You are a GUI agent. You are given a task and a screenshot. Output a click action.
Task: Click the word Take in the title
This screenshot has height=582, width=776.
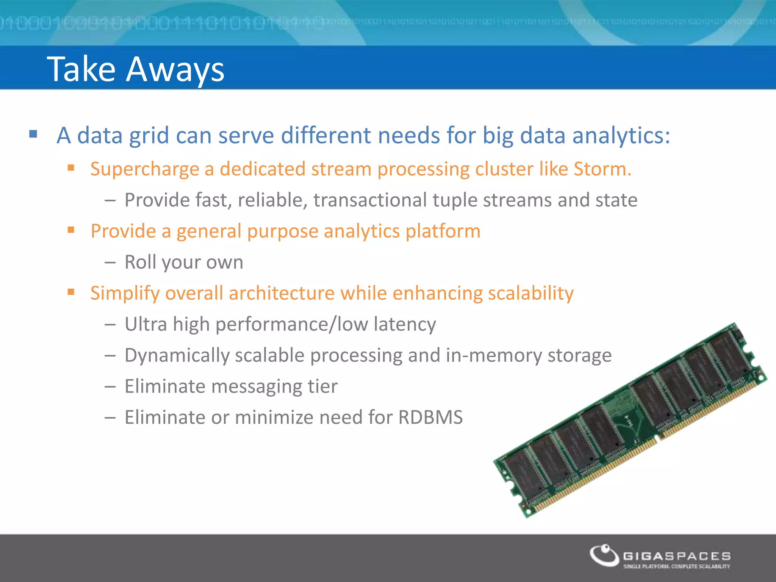pyautogui.click(x=81, y=69)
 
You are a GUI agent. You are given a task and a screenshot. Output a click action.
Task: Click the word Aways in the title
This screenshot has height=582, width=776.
pyautogui.click(x=175, y=70)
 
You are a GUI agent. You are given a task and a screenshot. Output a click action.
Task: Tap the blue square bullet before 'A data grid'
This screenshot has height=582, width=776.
pyautogui.click(x=33, y=134)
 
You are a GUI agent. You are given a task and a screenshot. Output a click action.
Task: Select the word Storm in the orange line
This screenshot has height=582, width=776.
pyautogui.click(x=599, y=169)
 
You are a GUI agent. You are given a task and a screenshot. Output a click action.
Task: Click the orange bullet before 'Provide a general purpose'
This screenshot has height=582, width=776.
pyautogui.click(x=71, y=230)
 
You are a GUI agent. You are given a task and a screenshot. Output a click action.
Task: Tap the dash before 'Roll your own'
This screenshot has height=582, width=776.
pyautogui.click(x=110, y=262)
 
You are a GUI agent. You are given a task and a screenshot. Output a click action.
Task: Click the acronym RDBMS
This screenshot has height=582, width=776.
pyautogui.click(x=430, y=418)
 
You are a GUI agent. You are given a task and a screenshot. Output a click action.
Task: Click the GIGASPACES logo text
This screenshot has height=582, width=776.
pyautogui.click(x=677, y=556)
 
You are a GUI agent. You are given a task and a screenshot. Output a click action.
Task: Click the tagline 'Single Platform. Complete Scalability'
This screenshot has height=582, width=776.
pyautogui.click(x=677, y=566)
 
